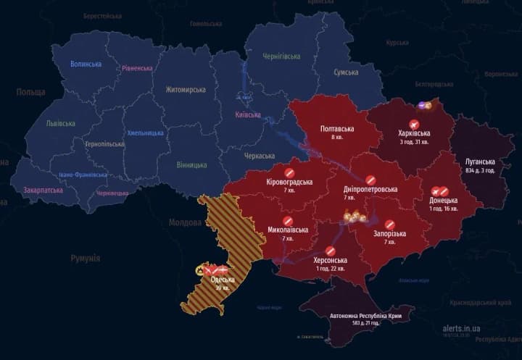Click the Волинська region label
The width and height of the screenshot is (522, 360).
pyautogui.click(x=86, y=64)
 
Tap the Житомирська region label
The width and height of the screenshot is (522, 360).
pyautogui.click(x=186, y=89)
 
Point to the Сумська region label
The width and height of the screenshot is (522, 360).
pyautogui.click(x=346, y=72)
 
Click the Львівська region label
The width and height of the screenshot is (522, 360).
pyautogui.click(x=60, y=123)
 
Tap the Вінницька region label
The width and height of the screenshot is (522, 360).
pyautogui.click(x=191, y=165)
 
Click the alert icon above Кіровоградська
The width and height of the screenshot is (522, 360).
pyautogui.click(x=289, y=172)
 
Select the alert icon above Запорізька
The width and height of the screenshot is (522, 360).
pyautogui.click(x=390, y=225)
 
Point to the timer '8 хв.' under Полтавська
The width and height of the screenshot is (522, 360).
pyautogui.click(x=336, y=138)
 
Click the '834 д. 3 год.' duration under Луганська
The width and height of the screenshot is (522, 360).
pyautogui.click(x=479, y=171)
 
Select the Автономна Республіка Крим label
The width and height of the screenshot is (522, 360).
pyautogui.click(x=360, y=317)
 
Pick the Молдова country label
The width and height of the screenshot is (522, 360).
pyautogui.click(x=185, y=222)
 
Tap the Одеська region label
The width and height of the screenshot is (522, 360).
pyautogui.click(x=222, y=280)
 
